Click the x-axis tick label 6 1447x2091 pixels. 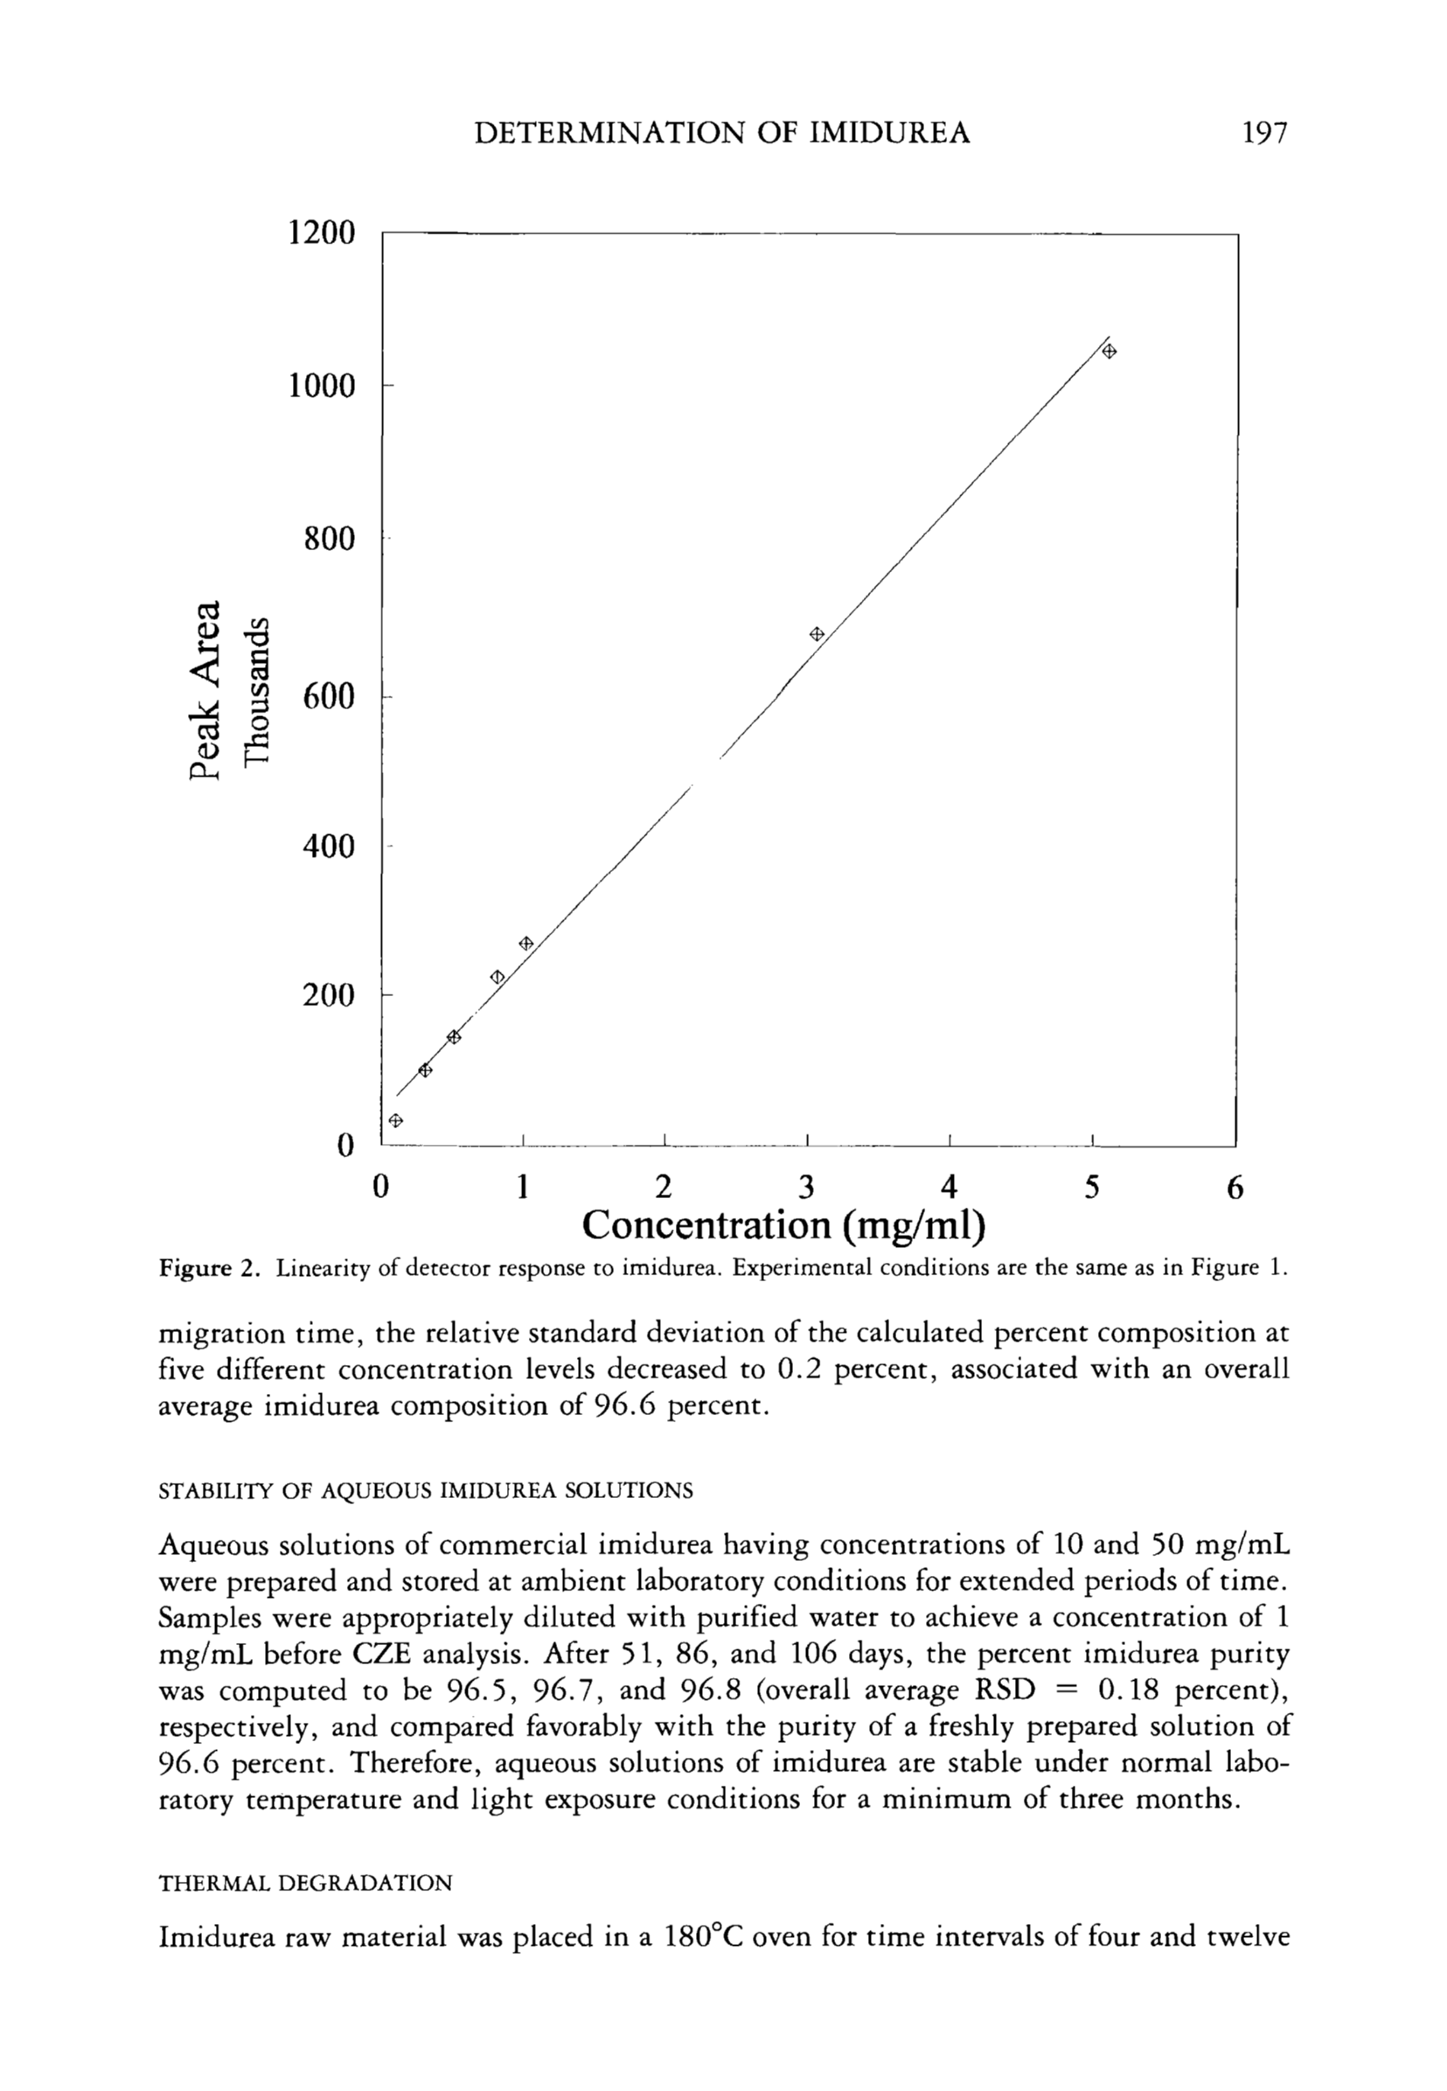click(1235, 1187)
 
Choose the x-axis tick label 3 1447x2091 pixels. click(807, 1187)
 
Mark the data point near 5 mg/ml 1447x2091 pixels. click(1109, 351)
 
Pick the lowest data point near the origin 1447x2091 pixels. click(395, 1120)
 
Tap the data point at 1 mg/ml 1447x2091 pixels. click(525, 943)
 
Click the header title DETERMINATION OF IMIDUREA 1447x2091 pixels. click(722, 133)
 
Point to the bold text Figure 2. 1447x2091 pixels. click(210, 1268)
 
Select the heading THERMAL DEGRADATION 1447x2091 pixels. click(304, 1884)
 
